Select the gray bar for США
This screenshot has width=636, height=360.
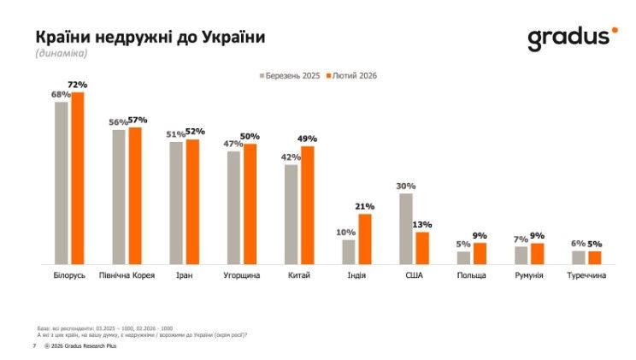click(x=406, y=228)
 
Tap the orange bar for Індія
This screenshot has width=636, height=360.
click(x=365, y=239)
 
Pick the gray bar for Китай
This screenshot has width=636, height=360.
click(x=291, y=214)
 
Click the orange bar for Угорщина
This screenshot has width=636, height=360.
click(x=250, y=204)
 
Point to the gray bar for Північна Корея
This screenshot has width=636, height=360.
click(x=119, y=197)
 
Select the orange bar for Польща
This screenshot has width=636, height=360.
click(x=480, y=253)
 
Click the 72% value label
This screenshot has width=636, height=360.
click(x=78, y=86)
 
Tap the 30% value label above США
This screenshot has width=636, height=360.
click(x=406, y=186)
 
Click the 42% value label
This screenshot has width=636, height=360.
click(x=291, y=157)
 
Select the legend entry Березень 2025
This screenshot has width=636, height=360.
click(x=290, y=76)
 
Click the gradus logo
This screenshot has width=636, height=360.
click(x=571, y=38)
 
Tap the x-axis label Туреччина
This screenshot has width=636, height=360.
click(x=586, y=276)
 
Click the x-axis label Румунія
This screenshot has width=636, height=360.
click(x=529, y=276)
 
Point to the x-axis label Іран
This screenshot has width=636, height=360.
click(x=184, y=276)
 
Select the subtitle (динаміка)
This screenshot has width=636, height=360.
click(x=62, y=54)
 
